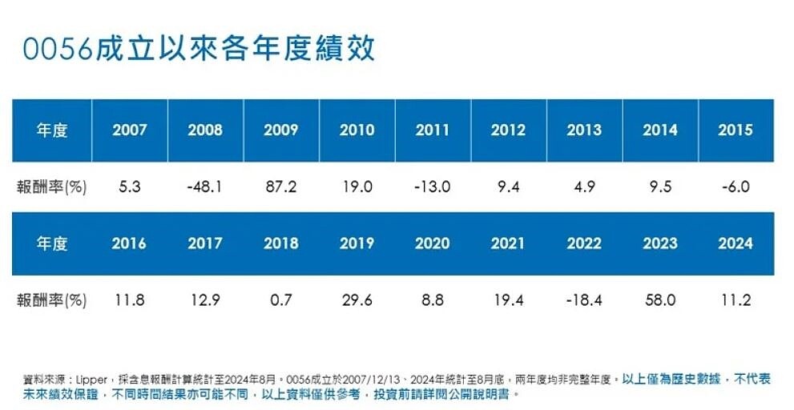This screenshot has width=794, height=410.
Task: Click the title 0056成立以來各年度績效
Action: tap(199, 49)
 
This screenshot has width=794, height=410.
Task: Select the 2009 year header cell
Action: tap(280, 130)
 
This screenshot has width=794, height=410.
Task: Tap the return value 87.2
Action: tap(280, 187)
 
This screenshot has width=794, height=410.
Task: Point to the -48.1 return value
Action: tap(204, 187)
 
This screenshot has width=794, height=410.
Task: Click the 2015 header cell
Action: tap(736, 130)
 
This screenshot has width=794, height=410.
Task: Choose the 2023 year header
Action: tap(659, 243)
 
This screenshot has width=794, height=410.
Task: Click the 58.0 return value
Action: tap(659, 300)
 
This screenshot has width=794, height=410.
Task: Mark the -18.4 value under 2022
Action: tap(582, 300)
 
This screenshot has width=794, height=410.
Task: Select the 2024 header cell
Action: tap(736, 243)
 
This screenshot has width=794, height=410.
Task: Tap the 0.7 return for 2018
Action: tap(281, 300)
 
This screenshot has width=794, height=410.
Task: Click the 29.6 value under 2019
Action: tap(357, 300)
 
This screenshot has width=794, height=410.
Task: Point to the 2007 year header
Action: tap(129, 130)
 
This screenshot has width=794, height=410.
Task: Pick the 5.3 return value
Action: tap(129, 187)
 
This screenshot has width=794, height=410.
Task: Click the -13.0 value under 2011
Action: tap(432, 187)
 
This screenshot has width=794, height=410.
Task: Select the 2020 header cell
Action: tap(432, 243)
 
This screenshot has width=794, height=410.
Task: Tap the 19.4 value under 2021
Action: tap(508, 300)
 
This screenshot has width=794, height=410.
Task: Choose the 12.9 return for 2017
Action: tap(205, 300)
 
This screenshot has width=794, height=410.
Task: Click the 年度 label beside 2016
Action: tap(52, 243)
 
